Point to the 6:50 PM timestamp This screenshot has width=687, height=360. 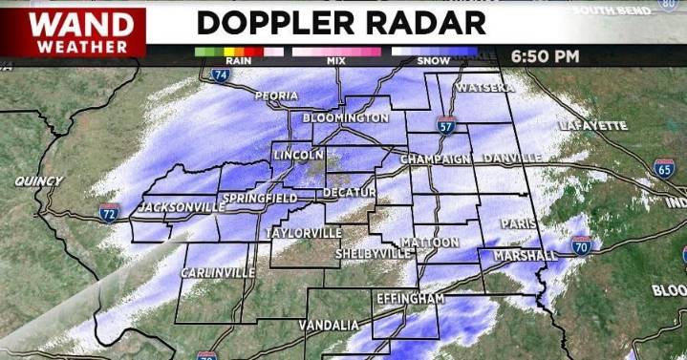pos(546,55)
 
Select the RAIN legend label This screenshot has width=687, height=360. pos(239,60)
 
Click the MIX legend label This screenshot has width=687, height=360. pos(336,60)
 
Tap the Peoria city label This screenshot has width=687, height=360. pos(276,95)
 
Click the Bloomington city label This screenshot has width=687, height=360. pos(345,117)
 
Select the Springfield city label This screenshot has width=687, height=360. pos(254,198)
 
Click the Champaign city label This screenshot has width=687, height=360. pos(438,158)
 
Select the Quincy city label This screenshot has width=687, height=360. pos(39,180)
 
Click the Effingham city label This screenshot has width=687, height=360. pos(411,299)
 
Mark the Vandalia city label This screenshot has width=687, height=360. pos(328,325)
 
